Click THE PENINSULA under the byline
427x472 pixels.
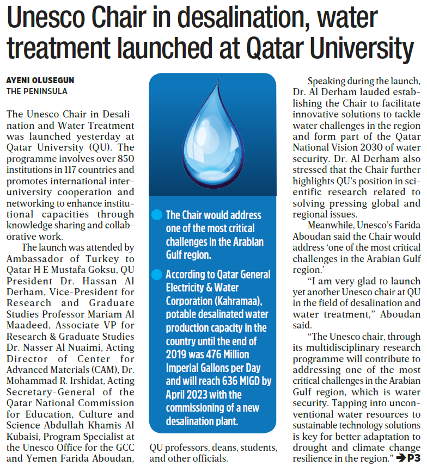click(x=37, y=91)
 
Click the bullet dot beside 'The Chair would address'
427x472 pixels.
click(x=157, y=215)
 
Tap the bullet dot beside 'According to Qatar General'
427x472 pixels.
click(x=157, y=275)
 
